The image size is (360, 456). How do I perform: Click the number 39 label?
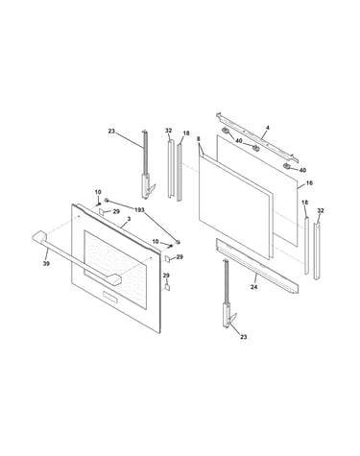(46, 264)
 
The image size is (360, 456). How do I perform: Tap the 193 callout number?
(139, 210)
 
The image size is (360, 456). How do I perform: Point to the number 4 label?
(268, 128)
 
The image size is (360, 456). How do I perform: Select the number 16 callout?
(309, 183)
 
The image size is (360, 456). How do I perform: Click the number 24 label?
(253, 287)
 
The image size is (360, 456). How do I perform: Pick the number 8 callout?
(199, 139)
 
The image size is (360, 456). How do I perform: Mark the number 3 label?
(129, 219)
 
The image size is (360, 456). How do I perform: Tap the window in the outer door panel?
(115, 270)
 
